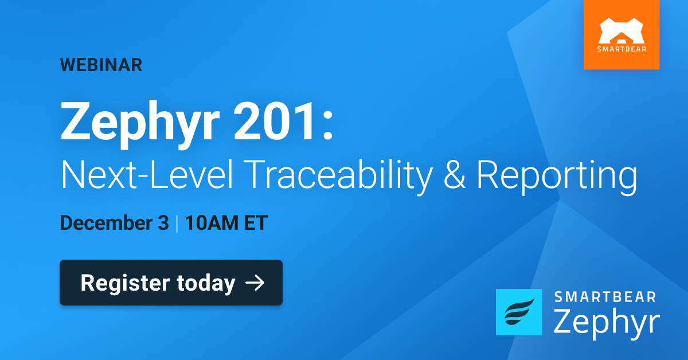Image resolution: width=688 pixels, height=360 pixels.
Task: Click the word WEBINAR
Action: (101, 65)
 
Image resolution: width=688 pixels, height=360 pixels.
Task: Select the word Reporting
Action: (557, 175)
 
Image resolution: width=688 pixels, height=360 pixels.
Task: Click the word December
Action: (107, 223)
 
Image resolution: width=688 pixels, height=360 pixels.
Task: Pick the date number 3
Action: (163, 223)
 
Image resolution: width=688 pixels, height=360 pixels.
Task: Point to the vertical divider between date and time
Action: (177, 223)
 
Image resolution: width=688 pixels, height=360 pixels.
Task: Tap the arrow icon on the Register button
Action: (254, 283)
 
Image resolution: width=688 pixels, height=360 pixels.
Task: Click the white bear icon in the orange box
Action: (621, 32)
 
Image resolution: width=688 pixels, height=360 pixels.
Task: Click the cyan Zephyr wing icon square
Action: (518, 312)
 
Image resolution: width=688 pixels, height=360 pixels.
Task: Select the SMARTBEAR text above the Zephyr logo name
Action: (605, 297)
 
